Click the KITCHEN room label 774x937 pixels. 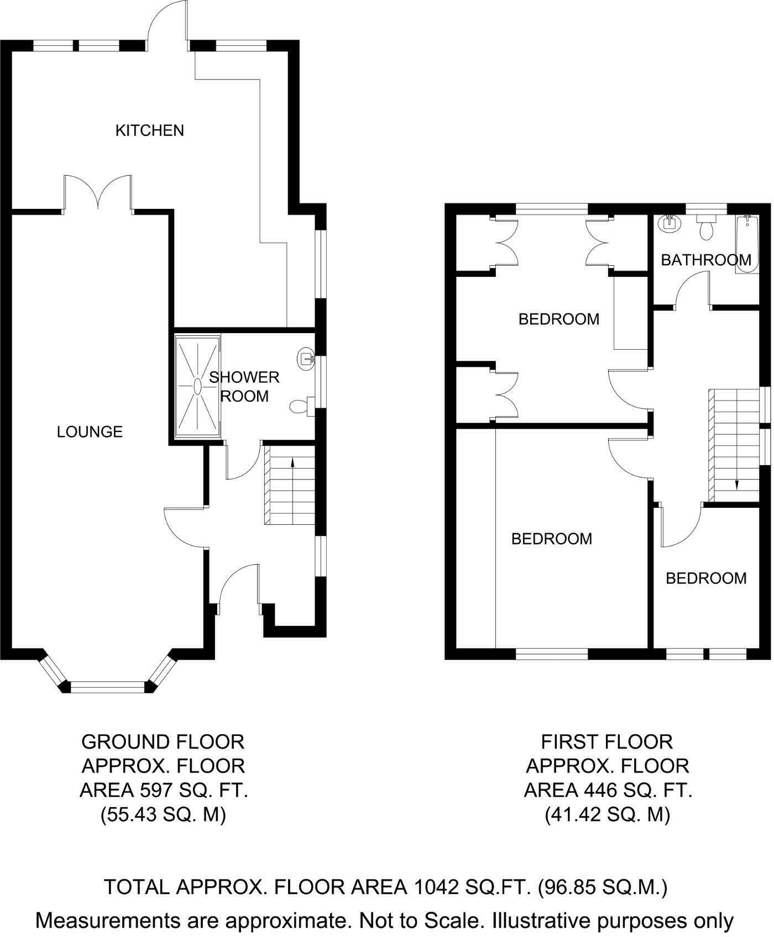[x=149, y=130]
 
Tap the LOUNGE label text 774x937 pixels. [x=90, y=431]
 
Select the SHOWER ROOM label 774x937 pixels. [x=244, y=387]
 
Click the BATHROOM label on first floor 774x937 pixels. [x=706, y=260]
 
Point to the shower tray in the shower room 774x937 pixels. [x=197, y=386]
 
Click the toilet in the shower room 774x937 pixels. [x=300, y=407]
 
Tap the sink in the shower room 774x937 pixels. [x=306, y=357]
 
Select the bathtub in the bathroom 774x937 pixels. [x=747, y=244]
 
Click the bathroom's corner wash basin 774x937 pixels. [x=669, y=223]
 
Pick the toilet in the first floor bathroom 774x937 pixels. [x=706, y=228]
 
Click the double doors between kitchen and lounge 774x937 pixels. [x=98, y=193]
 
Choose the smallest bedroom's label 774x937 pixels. [x=706, y=578]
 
